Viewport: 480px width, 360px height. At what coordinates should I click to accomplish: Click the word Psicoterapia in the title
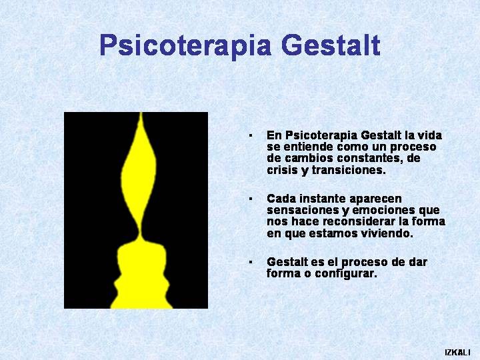pos(185,46)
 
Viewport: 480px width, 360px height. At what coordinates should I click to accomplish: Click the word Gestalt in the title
pos(331,45)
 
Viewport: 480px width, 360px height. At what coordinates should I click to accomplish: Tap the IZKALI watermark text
pos(457,352)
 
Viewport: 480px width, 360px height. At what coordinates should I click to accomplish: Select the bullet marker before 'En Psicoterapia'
pos(251,135)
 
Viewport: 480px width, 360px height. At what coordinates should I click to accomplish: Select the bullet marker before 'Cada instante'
pos(251,199)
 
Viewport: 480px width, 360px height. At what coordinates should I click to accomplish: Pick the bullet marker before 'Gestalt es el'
pos(251,262)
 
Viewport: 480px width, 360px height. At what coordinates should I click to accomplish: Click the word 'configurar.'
pos(346,273)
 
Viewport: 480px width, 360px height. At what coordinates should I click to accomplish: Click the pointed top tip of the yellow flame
pos(141,113)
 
